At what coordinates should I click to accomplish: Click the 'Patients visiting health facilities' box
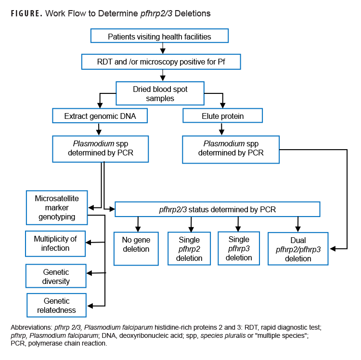point(159,36)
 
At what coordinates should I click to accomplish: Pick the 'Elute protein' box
point(222,116)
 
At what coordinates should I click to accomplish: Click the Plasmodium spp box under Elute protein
point(231,149)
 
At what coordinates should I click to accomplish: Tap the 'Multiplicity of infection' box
point(55,244)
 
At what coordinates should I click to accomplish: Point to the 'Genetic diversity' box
point(56,276)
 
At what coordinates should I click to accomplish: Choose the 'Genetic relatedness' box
point(56,306)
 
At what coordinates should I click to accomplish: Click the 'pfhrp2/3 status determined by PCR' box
point(217,209)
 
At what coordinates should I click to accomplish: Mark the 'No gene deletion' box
point(136,248)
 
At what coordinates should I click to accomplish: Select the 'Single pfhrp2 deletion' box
point(189,248)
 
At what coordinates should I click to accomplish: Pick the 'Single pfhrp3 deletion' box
point(239,248)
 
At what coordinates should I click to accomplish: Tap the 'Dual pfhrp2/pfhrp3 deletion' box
point(298,249)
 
